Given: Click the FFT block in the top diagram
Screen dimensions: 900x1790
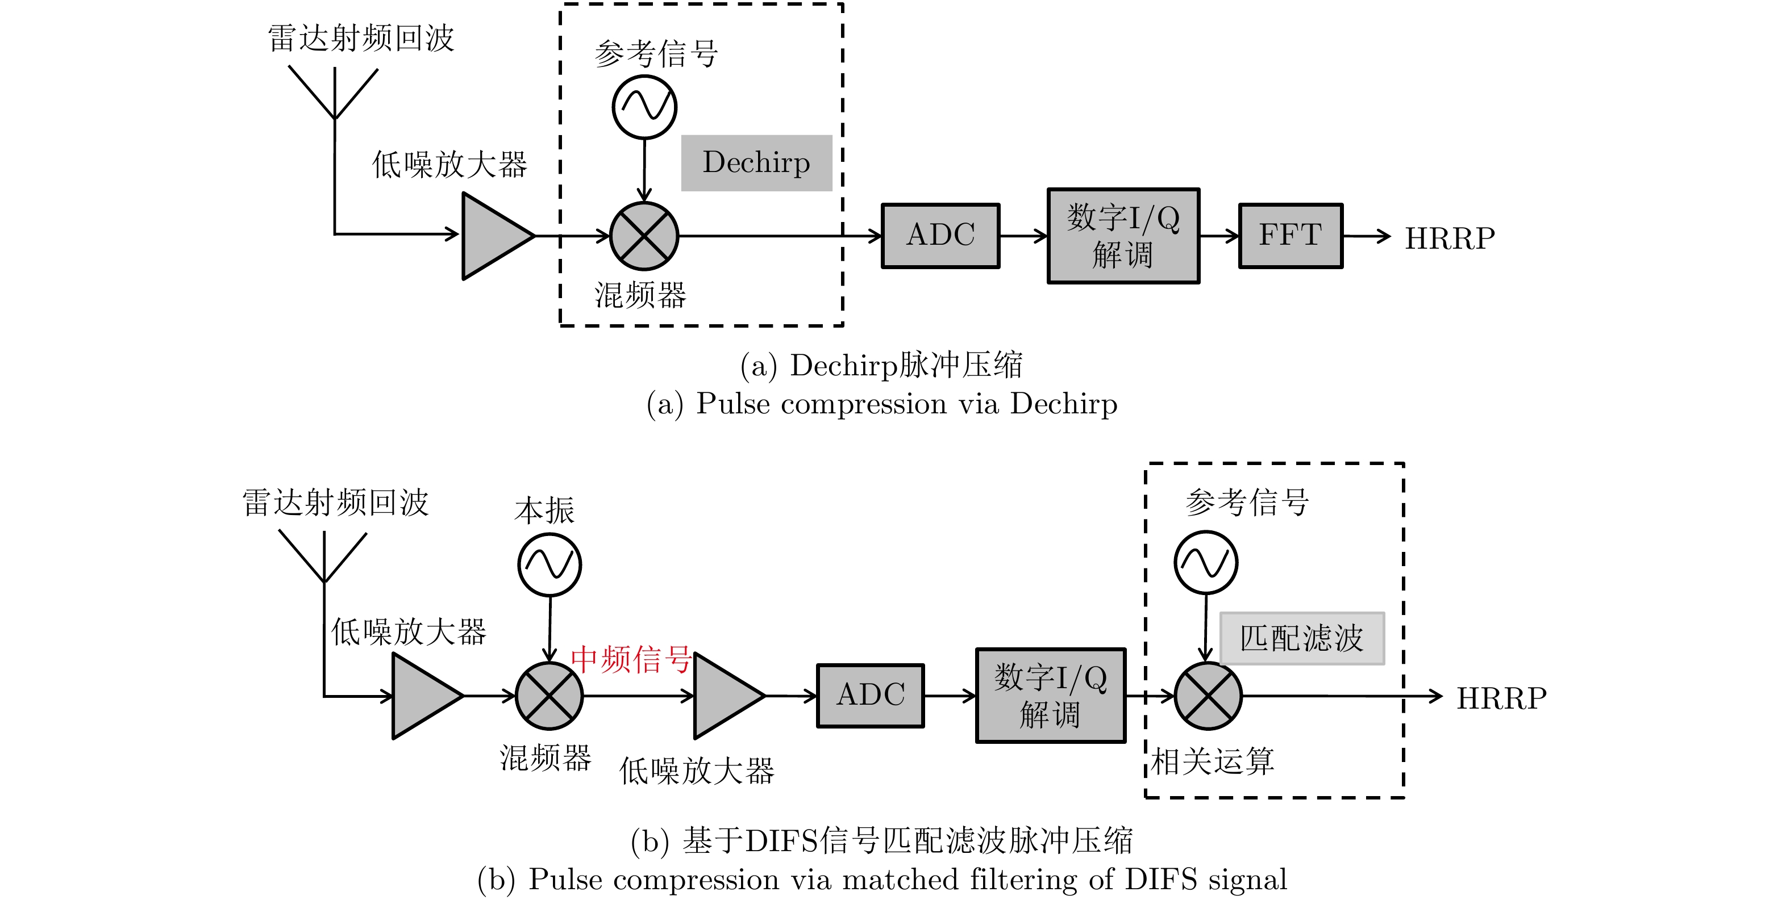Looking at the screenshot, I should click(1291, 236).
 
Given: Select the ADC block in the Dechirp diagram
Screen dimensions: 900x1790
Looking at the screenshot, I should click(940, 236).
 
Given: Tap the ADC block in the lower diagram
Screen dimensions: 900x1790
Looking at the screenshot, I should click(870, 695).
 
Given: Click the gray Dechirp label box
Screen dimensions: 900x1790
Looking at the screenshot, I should click(756, 162).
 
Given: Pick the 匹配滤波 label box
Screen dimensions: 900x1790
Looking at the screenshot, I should click(1301, 638).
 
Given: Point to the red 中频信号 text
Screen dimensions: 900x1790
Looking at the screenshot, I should click(630, 659).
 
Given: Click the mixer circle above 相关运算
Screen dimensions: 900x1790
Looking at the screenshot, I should click(1208, 696).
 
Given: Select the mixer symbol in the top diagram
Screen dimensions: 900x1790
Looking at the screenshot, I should click(644, 236).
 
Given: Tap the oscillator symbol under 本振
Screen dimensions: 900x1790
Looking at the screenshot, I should click(550, 564).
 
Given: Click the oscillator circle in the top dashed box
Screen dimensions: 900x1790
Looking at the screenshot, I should click(644, 107).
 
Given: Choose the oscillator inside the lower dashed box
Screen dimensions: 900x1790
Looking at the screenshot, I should click(1206, 563).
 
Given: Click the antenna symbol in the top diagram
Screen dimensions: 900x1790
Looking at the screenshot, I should click(334, 94).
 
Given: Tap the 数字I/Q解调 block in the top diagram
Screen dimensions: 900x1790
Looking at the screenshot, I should click(1123, 236).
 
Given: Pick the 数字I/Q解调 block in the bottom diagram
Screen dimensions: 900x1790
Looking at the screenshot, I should click(1050, 695).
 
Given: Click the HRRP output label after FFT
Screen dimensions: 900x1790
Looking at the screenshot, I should click(1450, 238).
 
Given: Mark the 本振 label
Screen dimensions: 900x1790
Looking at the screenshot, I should click(544, 510).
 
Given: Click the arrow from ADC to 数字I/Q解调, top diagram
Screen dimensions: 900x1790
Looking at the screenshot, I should click(1023, 236).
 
